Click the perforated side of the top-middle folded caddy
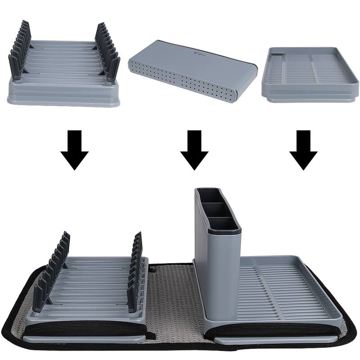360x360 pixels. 180,83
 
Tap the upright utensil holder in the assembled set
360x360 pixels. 217,270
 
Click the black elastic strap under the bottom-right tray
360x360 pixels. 274,330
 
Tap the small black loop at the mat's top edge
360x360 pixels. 153,269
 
